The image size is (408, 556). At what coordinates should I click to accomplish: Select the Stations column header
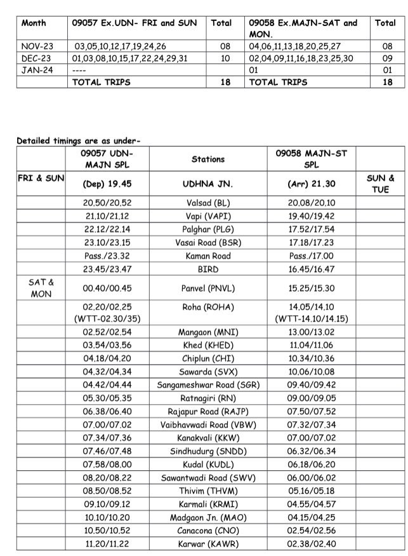[207, 159]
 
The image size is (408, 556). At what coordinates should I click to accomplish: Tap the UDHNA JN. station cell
[207, 184]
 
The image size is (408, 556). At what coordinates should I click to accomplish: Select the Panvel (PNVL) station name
[207, 288]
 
